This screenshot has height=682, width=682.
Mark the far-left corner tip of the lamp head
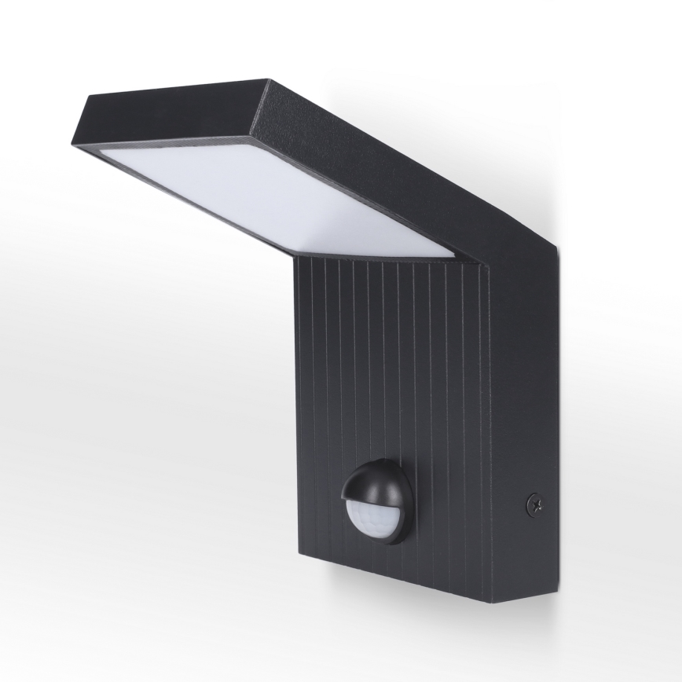click(x=75, y=145)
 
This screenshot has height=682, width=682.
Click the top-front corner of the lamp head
click(x=267, y=80)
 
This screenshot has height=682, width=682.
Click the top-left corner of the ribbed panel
click(x=297, y=259)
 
